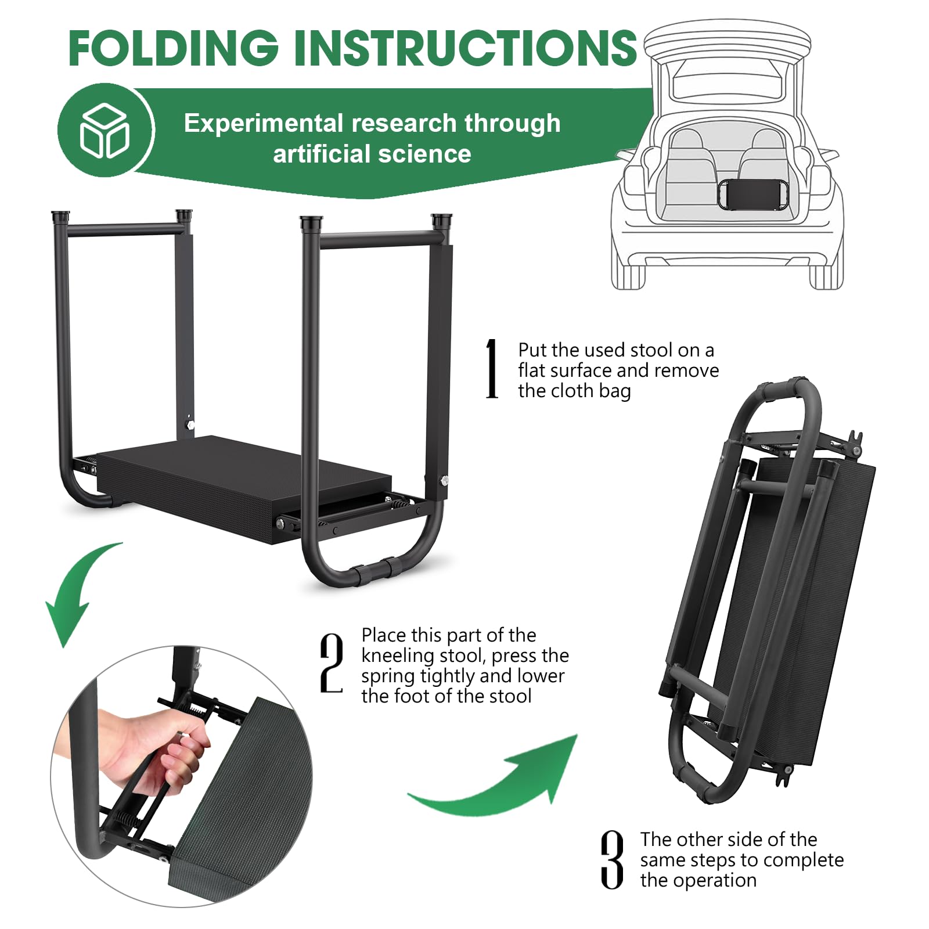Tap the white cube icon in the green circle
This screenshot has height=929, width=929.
tap(105, 131)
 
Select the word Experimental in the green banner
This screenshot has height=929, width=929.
tap(263, 124)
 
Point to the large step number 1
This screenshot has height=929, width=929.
tap(492, 369)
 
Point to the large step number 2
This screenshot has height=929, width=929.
tap(332, 663)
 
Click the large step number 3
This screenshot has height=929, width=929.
tap(612, 859)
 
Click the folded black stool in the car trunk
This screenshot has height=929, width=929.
tap(753, 194)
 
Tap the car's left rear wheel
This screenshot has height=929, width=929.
tap(628, 276)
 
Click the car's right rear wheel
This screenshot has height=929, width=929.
tap(826, 276)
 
